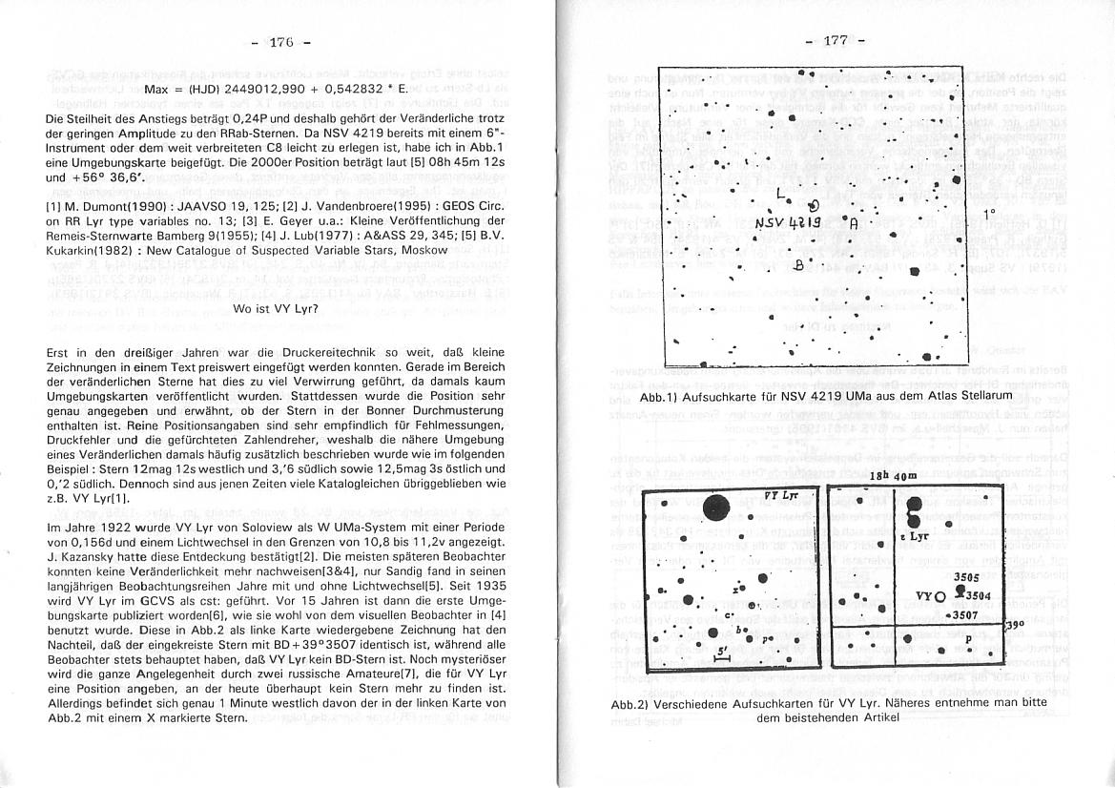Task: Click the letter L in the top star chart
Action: tap(782, 194)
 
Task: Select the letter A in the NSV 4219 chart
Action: tap(855, 225)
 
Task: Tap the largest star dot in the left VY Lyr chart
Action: tap(719, 507)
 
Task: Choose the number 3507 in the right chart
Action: tap(967, 615)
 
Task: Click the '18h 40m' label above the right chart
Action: tap(893, 476)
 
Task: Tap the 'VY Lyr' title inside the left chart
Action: tap(784, 496)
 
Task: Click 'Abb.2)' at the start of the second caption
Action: tap(631, 703)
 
